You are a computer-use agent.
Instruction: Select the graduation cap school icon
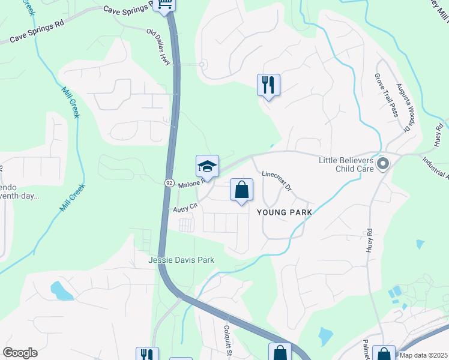[x=207, y=166]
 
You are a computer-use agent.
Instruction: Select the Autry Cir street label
[x=185, y=208]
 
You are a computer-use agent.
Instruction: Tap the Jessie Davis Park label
[x=181, y=260]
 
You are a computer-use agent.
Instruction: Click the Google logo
[x=20, y=353]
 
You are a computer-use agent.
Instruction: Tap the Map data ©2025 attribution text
[x=423, y=355]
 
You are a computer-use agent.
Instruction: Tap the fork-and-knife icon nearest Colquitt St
[x=147, y=355]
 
